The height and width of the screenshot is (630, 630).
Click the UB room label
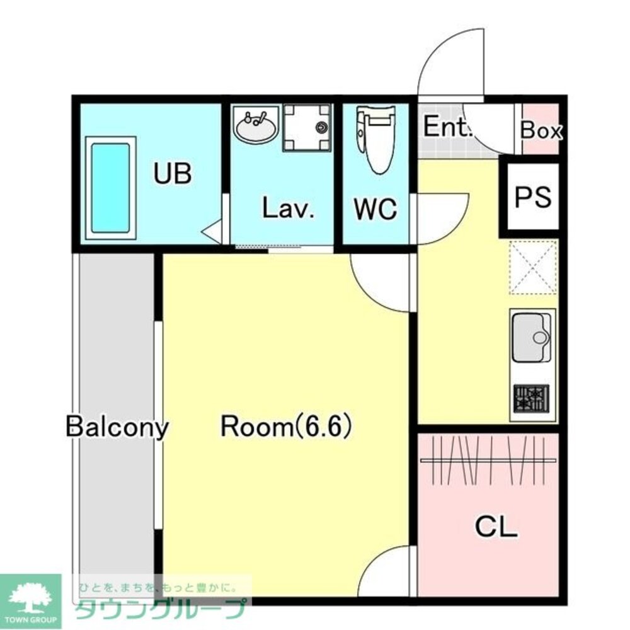click(173, 174)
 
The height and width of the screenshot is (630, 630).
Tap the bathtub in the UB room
click(110, 188)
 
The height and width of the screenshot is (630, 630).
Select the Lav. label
click(288, 208)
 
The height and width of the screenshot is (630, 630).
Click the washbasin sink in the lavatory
click(256, 124)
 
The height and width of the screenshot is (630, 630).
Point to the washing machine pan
click(307, 127)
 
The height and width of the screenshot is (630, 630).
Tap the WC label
click(375, 209)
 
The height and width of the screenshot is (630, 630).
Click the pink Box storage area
click(541, 129)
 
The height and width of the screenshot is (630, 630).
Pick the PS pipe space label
click(533, 197)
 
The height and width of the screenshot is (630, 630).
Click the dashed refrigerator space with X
click(533, 267)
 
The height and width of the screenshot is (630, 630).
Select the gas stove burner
click(531, 399)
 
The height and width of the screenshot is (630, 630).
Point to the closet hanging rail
click(488, 460)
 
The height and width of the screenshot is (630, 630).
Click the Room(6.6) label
click(287, 427)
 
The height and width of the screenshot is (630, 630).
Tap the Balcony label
click(117, 427)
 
